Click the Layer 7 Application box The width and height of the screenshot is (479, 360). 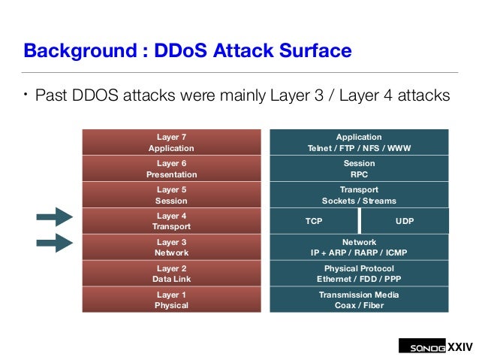[171, 142]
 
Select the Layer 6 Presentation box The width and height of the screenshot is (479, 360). [171, 168]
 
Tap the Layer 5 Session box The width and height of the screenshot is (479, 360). [171, 195]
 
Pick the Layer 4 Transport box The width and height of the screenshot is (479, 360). [171, 221]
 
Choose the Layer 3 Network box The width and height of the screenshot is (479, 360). [171, 247]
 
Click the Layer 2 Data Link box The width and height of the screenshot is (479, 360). [171, 274]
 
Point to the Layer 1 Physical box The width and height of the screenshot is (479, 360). [171, 300]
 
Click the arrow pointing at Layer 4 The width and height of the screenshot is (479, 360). [54, 218]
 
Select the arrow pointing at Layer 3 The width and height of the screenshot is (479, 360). [54, 242]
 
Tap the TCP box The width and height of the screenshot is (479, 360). [314, 222]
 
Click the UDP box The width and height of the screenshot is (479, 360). [405, 222]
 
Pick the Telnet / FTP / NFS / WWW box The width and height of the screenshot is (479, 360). [359, 142]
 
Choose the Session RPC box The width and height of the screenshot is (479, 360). [359, 168]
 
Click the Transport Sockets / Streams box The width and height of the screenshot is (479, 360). [359, 195]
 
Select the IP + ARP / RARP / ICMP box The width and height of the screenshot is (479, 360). [359, 247]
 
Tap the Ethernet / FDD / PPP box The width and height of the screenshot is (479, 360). [359, 274]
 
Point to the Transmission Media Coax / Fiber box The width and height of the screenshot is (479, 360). [359, 300]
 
